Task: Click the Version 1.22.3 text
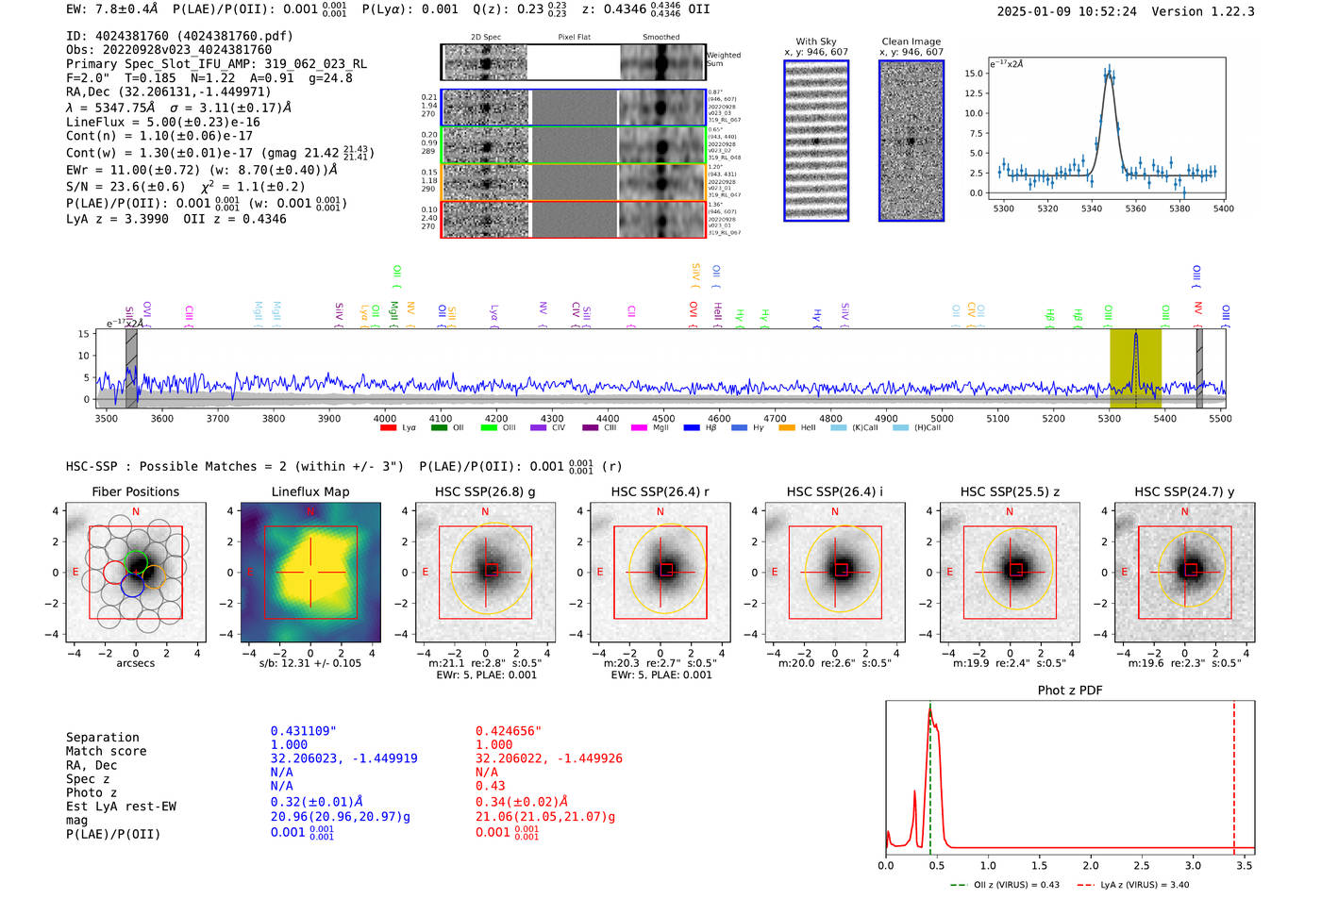tap(1199, 11)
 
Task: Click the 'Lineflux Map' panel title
tap(309, 491)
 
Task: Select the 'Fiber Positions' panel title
tap(135, 491)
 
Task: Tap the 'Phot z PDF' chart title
tap(1069, 691)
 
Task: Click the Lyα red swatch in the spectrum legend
tap(388, 428)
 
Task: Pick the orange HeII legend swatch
tap(787, 428)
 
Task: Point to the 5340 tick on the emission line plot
tap(1091, 208)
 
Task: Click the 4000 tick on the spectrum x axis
tap(385, 419)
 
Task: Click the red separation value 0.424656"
tap(509, 731)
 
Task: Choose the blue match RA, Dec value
tap(343, 758)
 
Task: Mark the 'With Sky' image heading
tap(815, 42)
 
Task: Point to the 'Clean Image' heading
tap(911, 42)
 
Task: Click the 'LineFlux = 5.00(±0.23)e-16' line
tap(162, 123)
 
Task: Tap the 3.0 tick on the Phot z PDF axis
tap(1193, 865)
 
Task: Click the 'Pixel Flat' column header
tap(574, 38)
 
